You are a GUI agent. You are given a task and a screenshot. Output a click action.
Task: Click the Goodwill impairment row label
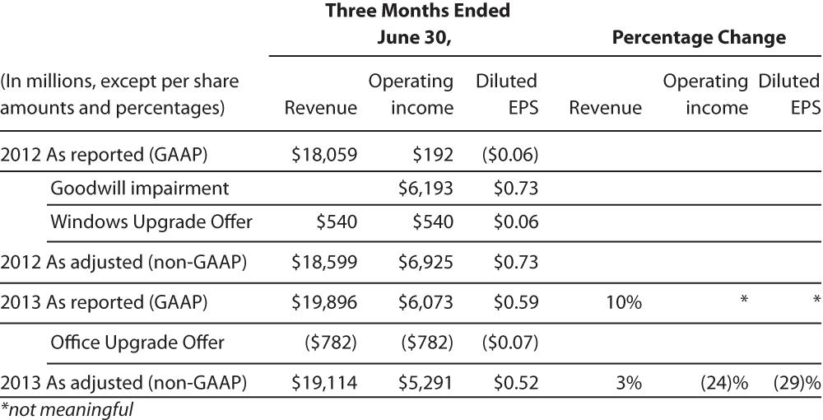click(x=139, y=189)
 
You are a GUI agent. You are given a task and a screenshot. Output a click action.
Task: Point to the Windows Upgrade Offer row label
click(x=151, y=222)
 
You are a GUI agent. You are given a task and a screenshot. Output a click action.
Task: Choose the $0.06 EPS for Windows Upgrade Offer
click(x=515, y=222)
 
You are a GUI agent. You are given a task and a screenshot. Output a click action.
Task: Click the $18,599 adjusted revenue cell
click(x=324, y=263)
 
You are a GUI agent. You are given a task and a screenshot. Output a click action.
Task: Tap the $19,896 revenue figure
click(x=324, y=302)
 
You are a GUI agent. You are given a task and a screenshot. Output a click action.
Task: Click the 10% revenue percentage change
click(x=625, y=302)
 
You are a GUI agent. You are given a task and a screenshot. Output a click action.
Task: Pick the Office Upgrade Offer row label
click(x=137, y=342)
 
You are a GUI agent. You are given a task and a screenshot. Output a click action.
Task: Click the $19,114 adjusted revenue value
click(x=324, y=382)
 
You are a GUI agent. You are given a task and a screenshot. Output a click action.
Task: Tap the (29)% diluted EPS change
click(x=796, y=382)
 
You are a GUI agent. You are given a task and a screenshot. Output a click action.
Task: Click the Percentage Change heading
click(x=699, y=37)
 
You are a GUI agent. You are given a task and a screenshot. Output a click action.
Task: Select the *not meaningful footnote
click(x=67, y=408)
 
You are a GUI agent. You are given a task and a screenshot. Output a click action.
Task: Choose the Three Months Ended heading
click(x=417, y=12)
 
